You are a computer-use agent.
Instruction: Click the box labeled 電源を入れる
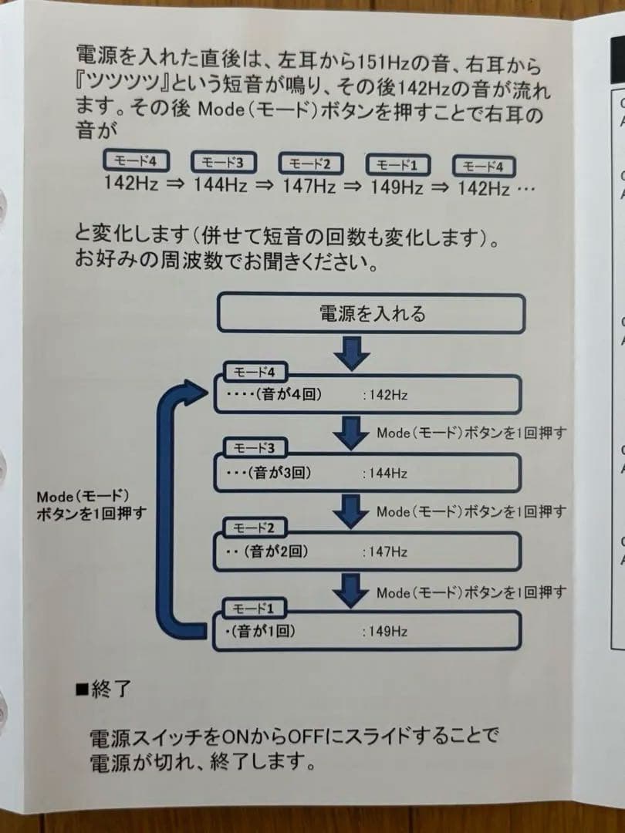click(x=371, y=314)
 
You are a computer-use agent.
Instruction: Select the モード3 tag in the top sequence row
click(x=223, y=163)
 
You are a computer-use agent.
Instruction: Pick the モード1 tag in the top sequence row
click(x=399, y=164)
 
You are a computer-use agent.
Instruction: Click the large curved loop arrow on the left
click(x=171, y=501)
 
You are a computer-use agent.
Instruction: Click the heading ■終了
click(x=103, y=688)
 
